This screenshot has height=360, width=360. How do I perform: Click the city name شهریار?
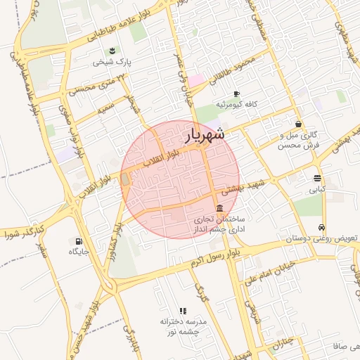click(x=205, y=134)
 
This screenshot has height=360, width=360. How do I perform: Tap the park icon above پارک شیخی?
click(x=111, y=50)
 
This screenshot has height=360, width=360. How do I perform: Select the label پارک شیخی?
click(x=112, y=62)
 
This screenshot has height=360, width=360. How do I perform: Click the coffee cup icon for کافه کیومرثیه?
click(x=236, y=94)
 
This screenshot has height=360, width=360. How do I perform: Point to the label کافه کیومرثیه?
click(x=236, y=104)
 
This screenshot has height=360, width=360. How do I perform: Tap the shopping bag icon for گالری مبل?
click(x=299, y=124)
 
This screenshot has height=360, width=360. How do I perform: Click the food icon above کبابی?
click(x=317, y=178)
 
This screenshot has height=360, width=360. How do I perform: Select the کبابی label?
click(x=317, y=189)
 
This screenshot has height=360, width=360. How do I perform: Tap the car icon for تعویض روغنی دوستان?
click(x=321, y=227)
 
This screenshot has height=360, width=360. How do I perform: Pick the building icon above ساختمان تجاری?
click(x=221, y=208)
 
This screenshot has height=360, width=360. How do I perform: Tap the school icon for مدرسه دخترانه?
click(x=183, y=310)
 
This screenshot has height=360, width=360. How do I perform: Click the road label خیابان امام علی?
click(x=267, y=276)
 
